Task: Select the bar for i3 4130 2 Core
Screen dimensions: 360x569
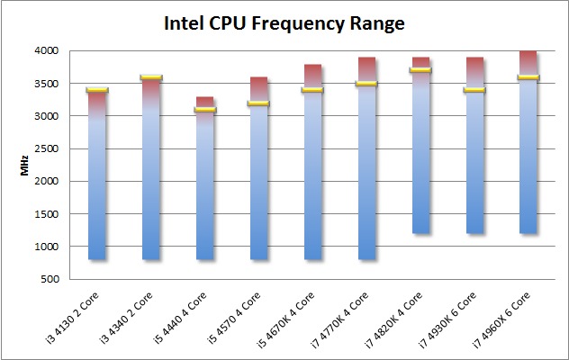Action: tap(97, 180)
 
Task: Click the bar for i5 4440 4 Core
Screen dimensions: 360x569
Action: tap(205, 189)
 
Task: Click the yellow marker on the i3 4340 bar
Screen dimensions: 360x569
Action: tap(151, 77)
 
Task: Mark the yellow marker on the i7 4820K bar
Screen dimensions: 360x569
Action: tap(420, 70)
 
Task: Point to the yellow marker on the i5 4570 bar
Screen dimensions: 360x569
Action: tap(259, 103)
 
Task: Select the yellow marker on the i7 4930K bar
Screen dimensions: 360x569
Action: tap(474, 90)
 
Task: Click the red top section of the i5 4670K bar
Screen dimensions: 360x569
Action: tap(313, 76)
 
